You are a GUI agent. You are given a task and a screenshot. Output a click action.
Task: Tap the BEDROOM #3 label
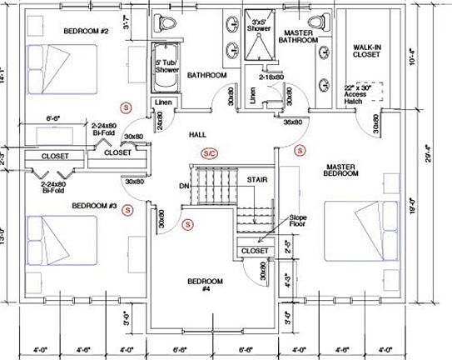click(96, 205)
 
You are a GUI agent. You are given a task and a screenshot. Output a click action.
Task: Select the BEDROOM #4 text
click(204, 284)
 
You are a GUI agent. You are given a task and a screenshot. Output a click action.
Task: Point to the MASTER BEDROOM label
click(342, 170)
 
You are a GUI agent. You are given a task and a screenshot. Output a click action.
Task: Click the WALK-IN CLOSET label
click(366, 51)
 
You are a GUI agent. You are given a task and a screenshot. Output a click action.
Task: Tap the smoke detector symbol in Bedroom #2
click(126, 107)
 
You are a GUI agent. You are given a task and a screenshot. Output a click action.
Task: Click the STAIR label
click(255, 179)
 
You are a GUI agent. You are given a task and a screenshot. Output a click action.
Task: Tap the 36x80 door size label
click(292, 122)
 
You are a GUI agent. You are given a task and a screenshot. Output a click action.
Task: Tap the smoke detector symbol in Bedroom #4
click(187, 223)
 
